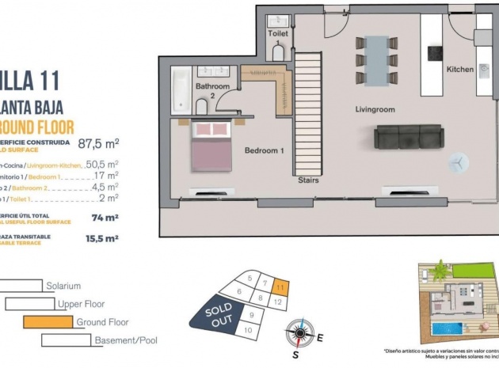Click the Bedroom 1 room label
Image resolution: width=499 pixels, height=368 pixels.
(x=265, y=150)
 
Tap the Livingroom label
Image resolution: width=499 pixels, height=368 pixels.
(x=375, y=110)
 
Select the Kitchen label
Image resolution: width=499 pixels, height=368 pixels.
(x=460, y=70)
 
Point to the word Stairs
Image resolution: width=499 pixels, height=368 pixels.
(x=308, y=180)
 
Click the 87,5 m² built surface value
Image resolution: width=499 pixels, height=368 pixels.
(x=98, y=144)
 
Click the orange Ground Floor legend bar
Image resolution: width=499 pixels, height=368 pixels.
(x=48, y=321)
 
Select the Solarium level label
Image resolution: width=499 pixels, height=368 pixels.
(x=64, y=286)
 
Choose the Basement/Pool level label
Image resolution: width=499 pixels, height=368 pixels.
(x=123, y=340)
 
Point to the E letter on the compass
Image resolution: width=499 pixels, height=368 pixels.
(x=321, y=338)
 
